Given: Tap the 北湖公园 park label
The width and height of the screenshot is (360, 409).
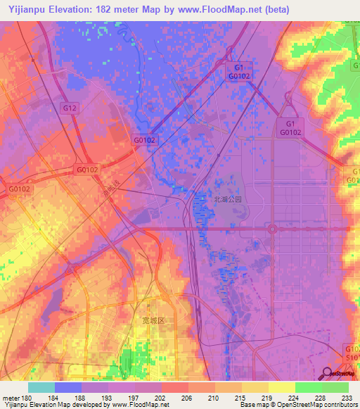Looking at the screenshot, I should point(227,200).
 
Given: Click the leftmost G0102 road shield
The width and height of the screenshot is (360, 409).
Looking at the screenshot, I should point(20,189).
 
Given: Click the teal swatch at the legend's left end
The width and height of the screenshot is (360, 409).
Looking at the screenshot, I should point(41,387).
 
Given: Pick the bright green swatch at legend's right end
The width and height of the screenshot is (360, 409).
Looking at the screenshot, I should point(335,387).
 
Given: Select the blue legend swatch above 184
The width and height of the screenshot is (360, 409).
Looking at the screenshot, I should point(68,387).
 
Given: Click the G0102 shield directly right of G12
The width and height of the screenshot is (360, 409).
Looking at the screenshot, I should point(144,140).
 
